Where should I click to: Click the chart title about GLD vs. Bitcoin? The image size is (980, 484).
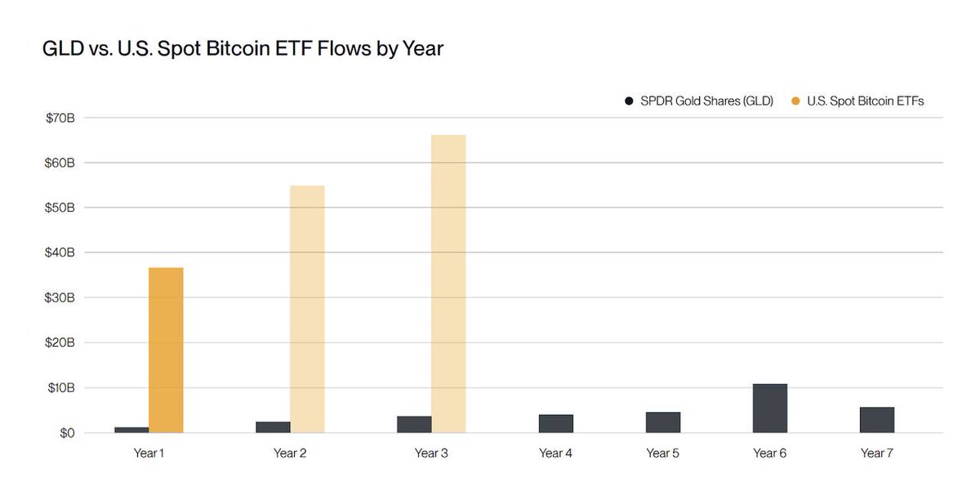pos(243,49)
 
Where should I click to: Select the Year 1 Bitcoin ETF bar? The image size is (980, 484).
pos(166,350)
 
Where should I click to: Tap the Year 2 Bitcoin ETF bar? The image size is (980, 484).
pos(307,309)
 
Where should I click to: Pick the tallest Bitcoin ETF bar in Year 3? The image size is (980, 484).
pos(448,284)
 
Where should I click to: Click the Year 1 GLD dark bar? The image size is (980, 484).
pos(131,429)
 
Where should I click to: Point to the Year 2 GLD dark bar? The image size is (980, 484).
pos(273,427)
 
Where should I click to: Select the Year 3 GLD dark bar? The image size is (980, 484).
pos(414,424)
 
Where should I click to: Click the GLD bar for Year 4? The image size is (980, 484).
pos(555,423)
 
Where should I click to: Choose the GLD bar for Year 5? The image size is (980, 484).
pos(662,422)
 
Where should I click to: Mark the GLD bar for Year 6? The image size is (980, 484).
pos(769,408)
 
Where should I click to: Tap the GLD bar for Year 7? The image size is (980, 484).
pos(876,419)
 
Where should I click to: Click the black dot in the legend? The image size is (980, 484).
pos(629,101)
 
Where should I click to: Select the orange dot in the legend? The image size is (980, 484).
pos(796,101)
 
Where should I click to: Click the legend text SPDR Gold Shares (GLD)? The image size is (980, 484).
pos(706,101)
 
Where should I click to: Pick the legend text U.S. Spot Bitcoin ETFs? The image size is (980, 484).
pos(865,101)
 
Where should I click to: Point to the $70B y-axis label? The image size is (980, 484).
pos(60,118)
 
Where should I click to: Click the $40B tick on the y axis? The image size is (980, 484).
pos(60,253)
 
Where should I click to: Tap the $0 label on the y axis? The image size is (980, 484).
pos(66,432)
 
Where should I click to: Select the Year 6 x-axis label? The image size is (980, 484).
pos(769,453)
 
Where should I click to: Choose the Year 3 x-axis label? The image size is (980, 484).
pos(431,453)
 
